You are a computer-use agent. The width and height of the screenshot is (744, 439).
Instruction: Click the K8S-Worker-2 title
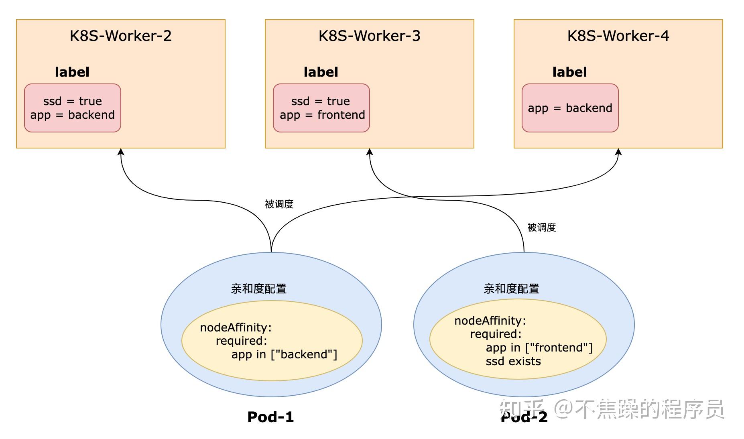click(120, 36)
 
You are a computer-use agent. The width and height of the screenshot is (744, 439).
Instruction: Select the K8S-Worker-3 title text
click(369, 36)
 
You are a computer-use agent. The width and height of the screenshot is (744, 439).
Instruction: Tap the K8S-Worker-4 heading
click(618, 36)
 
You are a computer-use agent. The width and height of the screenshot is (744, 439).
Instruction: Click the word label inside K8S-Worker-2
click(72, 72)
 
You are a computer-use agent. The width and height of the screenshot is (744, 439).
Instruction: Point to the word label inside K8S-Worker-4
click(569, 72)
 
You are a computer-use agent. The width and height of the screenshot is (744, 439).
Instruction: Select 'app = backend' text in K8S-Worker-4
click(570, 108)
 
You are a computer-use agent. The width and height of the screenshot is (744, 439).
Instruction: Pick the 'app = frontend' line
click(322, 115)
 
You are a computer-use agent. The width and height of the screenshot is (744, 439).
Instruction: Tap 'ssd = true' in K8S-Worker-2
click(73, 101)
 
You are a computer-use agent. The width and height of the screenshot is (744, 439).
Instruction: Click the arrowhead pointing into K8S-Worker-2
click(121, 152)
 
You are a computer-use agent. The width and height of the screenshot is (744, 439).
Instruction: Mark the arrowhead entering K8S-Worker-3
click(370, 152)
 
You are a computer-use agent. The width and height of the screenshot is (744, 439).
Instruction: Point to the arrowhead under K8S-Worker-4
click(618, 152)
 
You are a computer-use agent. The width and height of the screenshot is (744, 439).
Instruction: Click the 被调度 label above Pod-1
click(279, 204)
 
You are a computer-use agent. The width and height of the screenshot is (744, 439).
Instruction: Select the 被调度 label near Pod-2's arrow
click(541, 228)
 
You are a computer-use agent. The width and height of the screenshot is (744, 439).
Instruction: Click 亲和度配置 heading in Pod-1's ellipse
click(258, 289)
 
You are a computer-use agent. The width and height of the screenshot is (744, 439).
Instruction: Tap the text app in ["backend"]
click(284, 355)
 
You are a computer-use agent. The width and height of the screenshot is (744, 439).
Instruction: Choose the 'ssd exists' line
click(513, 362)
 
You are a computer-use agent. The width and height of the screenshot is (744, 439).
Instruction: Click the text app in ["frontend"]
click(539, 348)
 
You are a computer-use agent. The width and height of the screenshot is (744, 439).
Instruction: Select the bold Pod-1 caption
click(270, 417)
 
